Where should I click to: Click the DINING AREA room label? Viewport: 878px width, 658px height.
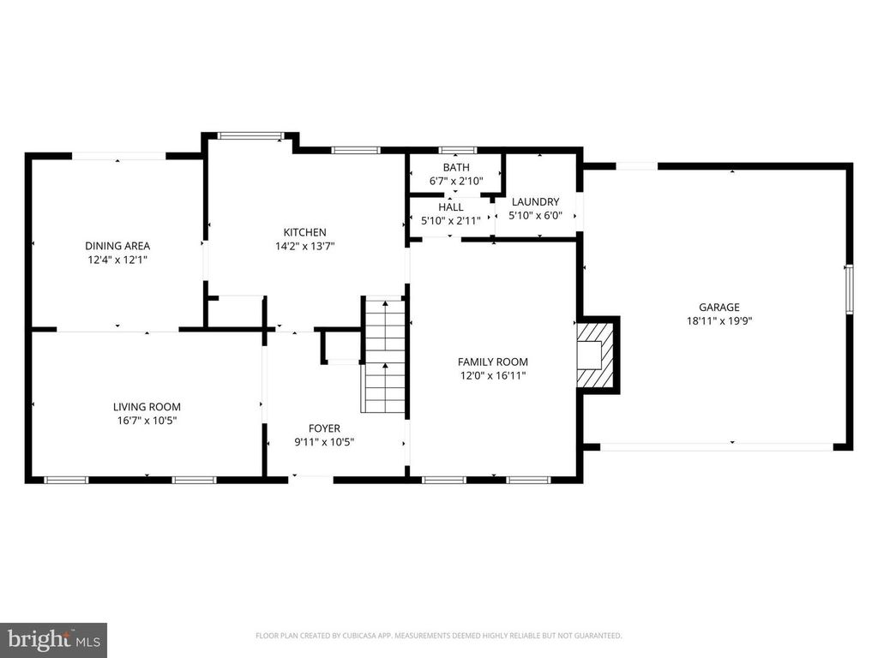click(117, 246)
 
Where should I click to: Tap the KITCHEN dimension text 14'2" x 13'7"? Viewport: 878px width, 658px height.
click(304, 246)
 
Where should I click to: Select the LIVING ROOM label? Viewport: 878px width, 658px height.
click(147, 407)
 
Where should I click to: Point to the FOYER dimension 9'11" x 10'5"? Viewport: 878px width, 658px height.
click(324, 442)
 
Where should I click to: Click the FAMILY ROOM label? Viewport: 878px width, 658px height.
click(492, 362)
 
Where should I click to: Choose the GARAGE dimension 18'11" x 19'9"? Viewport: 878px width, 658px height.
click(719, 321)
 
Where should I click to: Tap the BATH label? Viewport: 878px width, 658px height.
click(455, 167)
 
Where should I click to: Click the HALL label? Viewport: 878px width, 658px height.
click(450, 207)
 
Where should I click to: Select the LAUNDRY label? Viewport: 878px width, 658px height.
click(535, 202)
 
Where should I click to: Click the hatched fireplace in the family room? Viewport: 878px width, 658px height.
click(597, 353)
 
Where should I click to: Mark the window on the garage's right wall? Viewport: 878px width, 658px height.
click(849, 288)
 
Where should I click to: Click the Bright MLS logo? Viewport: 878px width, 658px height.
click(53, 638)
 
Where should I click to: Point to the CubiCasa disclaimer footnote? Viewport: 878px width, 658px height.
click(438, 636)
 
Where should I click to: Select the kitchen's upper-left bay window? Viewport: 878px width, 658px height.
click(250, 135)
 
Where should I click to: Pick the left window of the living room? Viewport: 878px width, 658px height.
click(66, 480)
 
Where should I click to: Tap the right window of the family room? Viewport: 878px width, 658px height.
click(527, 480)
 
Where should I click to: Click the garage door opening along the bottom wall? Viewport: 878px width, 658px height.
click(716, 446)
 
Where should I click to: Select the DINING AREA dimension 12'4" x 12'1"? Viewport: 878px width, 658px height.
click(117, 260)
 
